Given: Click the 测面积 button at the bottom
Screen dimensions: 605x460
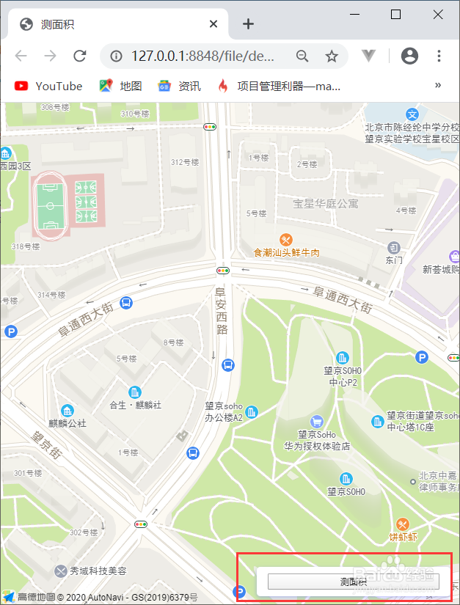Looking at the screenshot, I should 353,582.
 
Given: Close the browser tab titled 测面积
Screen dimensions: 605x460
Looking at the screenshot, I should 213,24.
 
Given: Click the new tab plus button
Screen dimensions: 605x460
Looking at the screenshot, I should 248,24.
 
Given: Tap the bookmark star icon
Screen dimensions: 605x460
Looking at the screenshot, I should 332,56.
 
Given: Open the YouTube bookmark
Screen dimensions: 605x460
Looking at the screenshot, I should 49,86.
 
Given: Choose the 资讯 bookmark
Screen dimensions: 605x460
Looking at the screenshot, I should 180,86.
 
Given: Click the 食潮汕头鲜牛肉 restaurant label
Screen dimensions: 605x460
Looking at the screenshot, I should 287,252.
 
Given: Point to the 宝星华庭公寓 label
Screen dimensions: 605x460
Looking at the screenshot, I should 326,203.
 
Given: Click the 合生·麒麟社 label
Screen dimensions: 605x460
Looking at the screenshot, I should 135,405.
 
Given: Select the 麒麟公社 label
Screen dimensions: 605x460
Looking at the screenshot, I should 67,423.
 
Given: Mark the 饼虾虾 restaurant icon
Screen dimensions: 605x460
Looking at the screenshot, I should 402,524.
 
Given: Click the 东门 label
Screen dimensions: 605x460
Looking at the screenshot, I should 394,260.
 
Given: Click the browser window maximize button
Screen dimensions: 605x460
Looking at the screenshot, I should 395,15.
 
